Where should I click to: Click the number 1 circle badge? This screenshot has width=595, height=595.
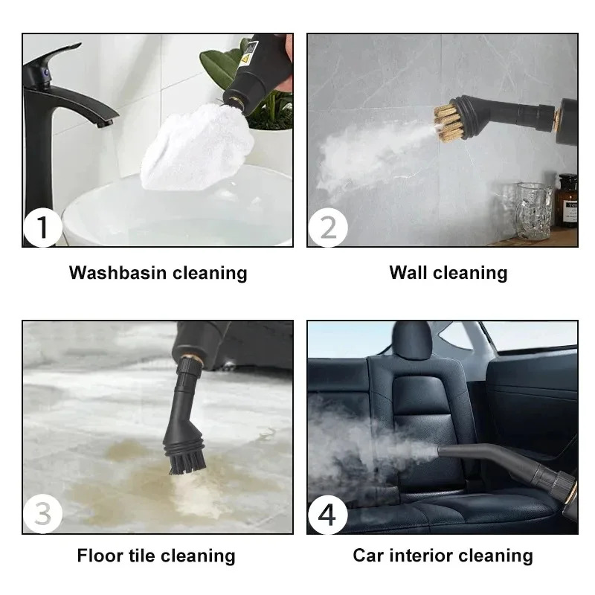point(42,227)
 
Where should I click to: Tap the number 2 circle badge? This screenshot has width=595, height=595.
point(327,227)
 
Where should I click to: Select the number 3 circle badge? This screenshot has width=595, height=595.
point(42,513)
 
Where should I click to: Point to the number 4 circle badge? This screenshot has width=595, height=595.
point(327,513)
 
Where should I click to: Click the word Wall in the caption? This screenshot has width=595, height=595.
point(408,273)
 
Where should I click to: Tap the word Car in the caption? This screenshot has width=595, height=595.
point(368,556)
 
